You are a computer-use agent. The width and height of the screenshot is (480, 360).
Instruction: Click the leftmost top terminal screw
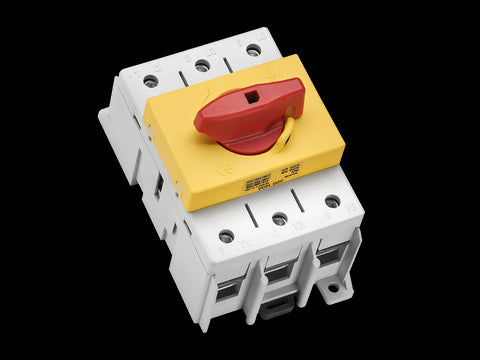pos(151,81)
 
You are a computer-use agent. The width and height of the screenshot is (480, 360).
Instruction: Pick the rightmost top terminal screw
pos(254,50)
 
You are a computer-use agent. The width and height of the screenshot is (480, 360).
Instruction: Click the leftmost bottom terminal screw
pos(227,236)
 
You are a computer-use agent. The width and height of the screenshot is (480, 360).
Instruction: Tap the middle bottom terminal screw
pos(280,219)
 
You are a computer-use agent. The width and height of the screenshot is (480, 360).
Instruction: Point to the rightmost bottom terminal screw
pos(332,201)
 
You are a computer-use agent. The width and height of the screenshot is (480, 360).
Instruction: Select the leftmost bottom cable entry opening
pos(229,288)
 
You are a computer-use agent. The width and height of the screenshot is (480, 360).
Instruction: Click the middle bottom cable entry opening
pos(279,270)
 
